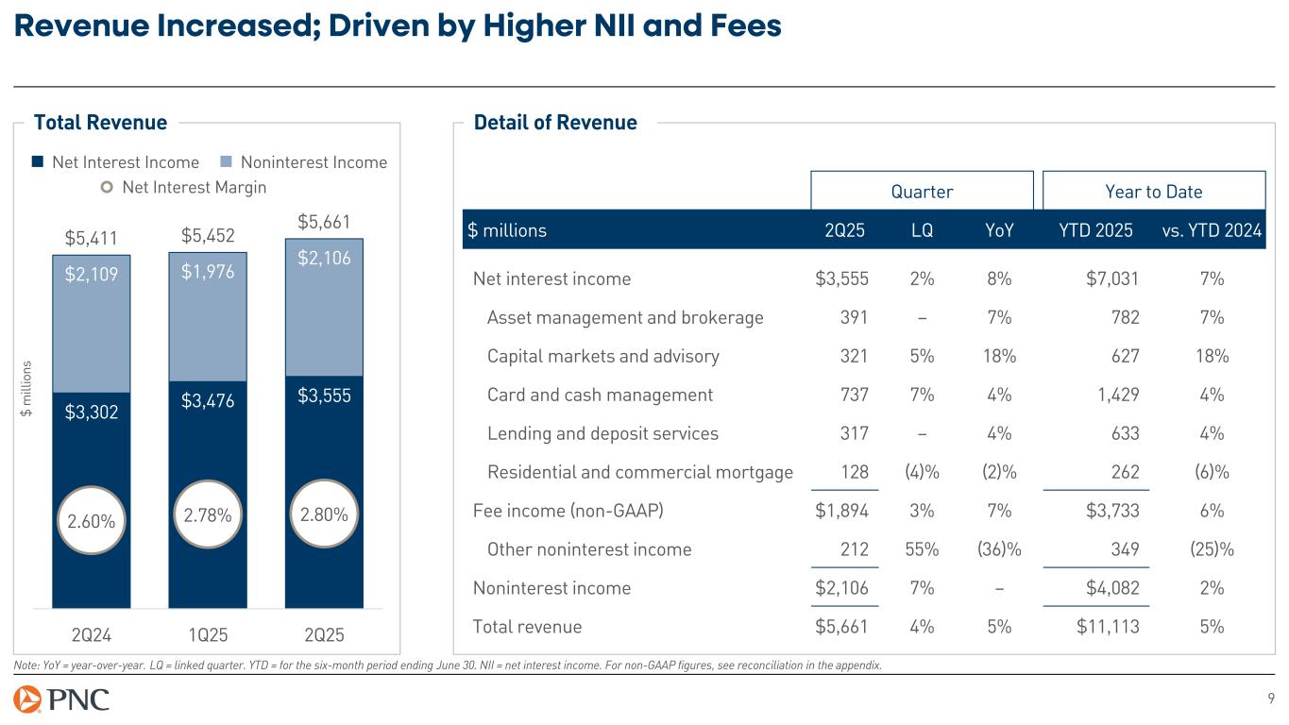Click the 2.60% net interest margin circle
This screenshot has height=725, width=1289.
tap(92, 519)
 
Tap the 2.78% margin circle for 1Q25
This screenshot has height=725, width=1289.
tap(207, 515)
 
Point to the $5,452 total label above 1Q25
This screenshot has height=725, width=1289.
tap(208, 234)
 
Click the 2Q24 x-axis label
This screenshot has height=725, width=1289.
tap(92, 632)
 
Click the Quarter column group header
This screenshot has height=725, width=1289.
tap(922, 192)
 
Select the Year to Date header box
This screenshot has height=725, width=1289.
tap(1153, 192)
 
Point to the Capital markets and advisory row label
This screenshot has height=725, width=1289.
tap(602, 356)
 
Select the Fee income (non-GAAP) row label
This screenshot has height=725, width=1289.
tap(568, 511)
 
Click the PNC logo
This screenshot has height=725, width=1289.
tap(62, 700)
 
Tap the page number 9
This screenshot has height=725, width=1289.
tap(1271, 699)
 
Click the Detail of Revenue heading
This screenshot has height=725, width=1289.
tap(555, 122)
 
